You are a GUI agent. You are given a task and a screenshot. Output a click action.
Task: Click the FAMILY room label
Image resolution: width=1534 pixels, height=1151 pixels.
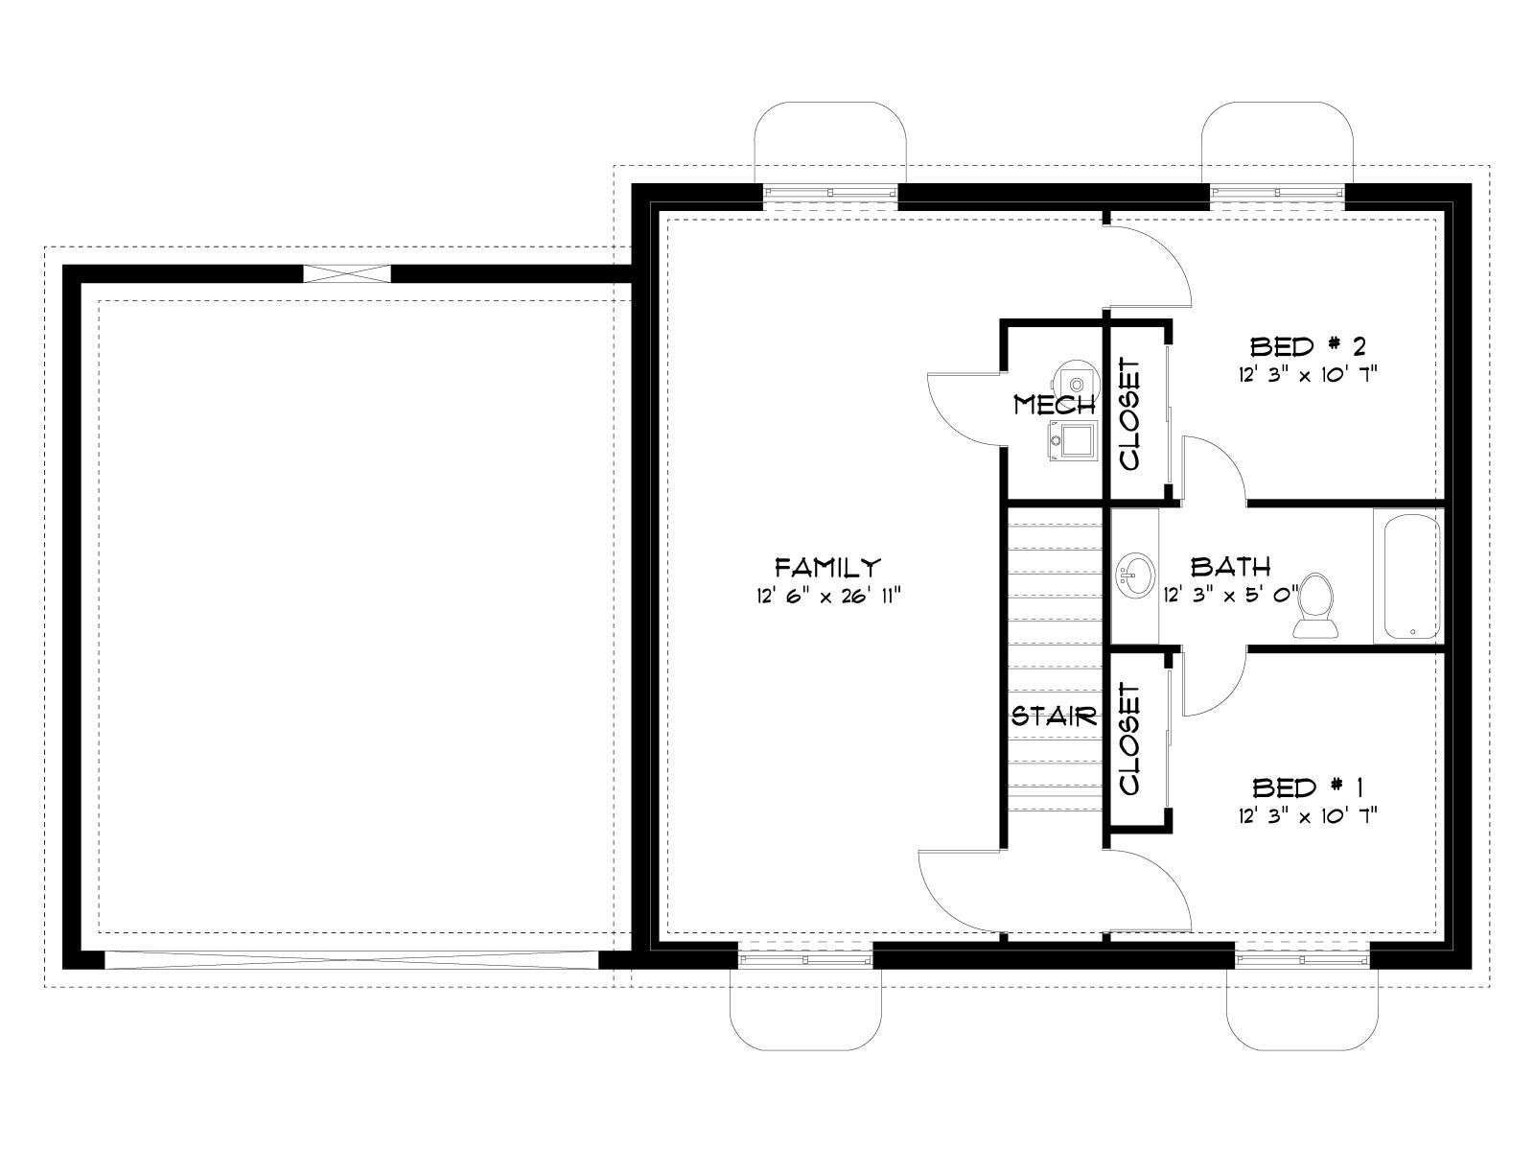pos(827,565)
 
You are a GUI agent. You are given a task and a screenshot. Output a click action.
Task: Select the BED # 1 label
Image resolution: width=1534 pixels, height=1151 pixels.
pos(1307,787)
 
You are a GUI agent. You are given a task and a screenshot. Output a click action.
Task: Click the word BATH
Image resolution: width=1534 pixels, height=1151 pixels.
pos(1229,566)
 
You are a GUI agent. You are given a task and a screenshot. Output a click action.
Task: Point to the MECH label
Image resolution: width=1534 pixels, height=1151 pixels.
pos(1054,404)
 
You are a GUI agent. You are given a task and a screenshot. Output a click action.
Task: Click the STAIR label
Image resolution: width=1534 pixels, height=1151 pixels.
pos(1054,716)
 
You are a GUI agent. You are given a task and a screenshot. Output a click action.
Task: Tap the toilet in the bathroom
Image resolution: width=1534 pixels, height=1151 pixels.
pos(1313,604)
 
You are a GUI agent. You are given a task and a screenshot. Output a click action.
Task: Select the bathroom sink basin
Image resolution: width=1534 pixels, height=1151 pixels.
pos(1135,575)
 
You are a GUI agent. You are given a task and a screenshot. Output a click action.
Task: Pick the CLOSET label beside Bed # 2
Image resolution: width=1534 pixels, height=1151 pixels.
pos(1129,413)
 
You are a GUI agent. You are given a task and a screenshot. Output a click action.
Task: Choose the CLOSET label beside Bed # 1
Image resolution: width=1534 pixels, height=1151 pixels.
pos(1129,739)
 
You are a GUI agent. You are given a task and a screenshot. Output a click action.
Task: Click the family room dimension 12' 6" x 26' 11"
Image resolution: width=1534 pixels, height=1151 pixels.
pos(827,596)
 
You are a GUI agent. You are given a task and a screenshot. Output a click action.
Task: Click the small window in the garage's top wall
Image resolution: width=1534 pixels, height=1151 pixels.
pos(347,273)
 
